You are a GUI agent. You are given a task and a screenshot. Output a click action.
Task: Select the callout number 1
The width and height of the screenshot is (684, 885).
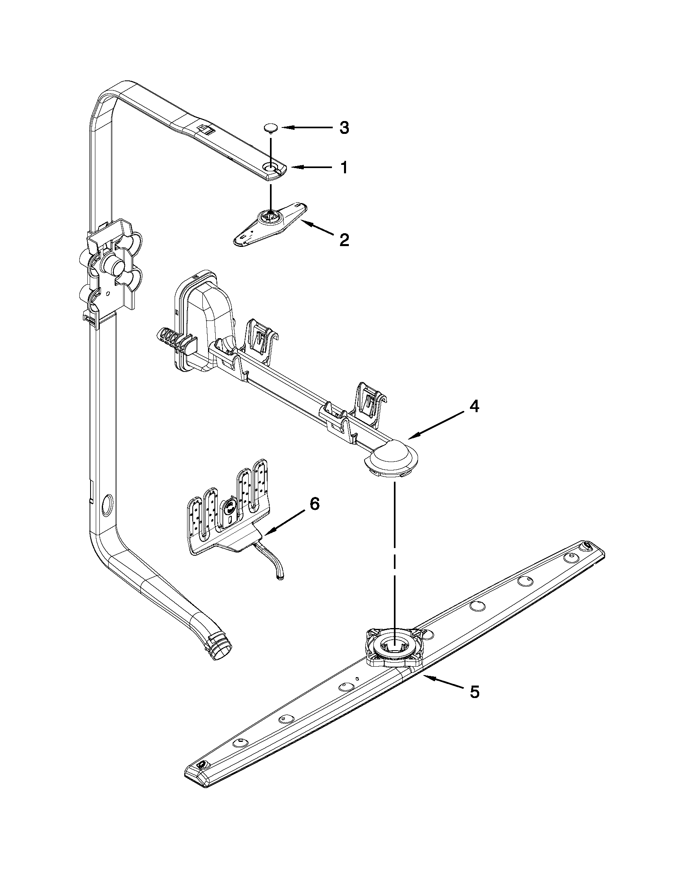344,167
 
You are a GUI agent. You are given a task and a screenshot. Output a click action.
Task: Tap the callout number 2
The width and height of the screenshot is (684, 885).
344,240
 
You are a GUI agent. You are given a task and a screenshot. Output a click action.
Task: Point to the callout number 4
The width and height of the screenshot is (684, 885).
474,406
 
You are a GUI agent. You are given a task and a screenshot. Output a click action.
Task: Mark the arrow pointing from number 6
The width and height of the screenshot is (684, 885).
284,522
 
